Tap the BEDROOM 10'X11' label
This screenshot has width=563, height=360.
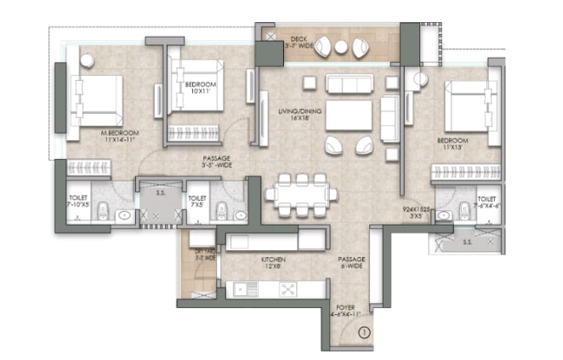pos(201,89)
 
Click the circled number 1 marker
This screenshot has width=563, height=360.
pos(365,333)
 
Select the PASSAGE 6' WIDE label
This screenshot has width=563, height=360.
pos(351,261)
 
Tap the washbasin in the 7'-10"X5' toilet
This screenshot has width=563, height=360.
pos(125,215)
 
